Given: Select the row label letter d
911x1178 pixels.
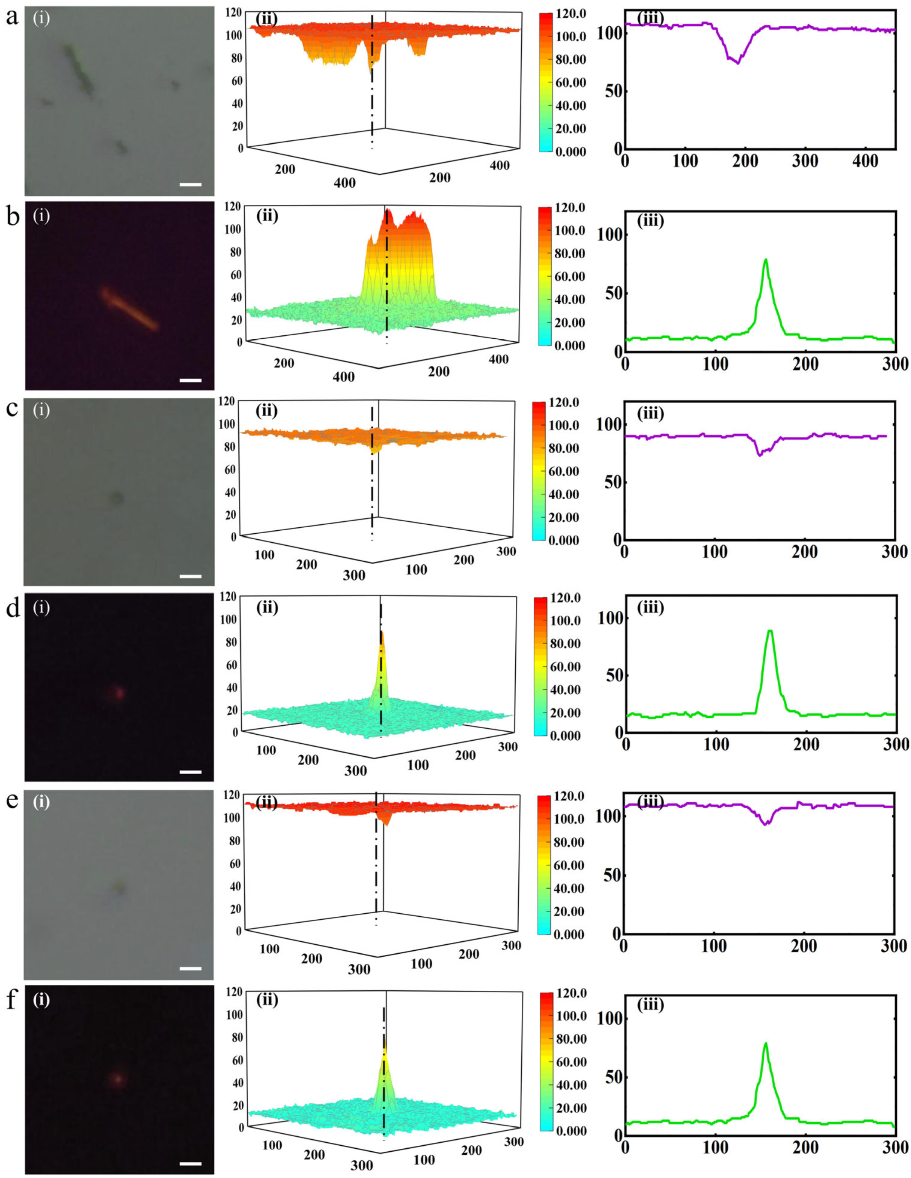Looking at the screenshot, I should pyautogui.click(x=12, y=609).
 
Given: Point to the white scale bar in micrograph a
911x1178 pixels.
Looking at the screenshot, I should pyautogui.click(x=190, y=185).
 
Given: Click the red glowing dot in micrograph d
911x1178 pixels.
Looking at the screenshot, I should pyautogui.click(x=118, y=692).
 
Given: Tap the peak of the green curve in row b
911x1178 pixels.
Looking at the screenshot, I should pyautogui.click(x=766, y=260).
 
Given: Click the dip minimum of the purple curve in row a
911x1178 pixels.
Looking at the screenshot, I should pyautogui.click(x=738, y=63).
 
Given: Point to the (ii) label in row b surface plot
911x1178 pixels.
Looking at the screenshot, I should pyautogui.click(x=267, y=216).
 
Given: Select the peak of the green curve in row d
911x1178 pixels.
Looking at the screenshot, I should pyautogui.click(x=770, y=631).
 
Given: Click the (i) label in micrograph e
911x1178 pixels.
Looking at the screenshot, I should pyautogui.click(x=42, y=802).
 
